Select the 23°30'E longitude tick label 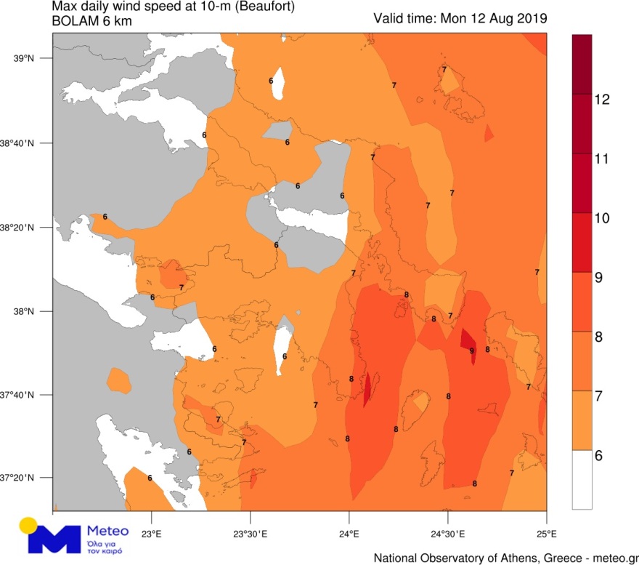point(250,535)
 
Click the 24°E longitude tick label point(349,535)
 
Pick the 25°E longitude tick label point(546,535)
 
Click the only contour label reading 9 point(471,351)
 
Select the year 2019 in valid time point(532,17)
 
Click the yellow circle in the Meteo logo point(28,525)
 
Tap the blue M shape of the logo point(54,539)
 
